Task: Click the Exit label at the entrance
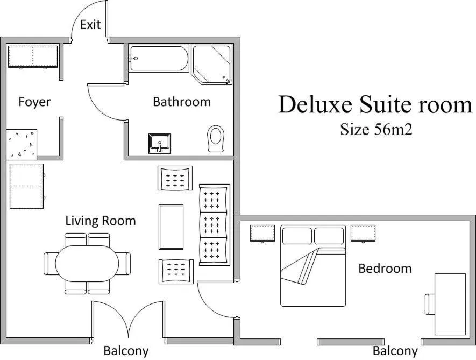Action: [x=90, y=25]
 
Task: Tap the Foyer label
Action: [x=34, y=102]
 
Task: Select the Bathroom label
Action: [x=182, y=102]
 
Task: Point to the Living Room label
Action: [x=101, y=221]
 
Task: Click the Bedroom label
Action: [x=385, y=268]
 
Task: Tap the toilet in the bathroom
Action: [x=216, y=138]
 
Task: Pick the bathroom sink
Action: [x=160, y=144]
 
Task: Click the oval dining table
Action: [x=87, y=263]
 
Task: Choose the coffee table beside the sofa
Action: [x=171, y=227]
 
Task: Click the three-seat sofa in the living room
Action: [x=214, y=224]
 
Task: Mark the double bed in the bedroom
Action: [x=312, y=266]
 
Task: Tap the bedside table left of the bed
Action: [x=262, y=234]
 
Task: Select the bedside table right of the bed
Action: [x=364, y=234]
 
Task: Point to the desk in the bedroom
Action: [x=450, y=304]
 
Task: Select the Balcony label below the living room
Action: [x=126, y=351]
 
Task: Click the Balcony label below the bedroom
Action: [x=395, y=351]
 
